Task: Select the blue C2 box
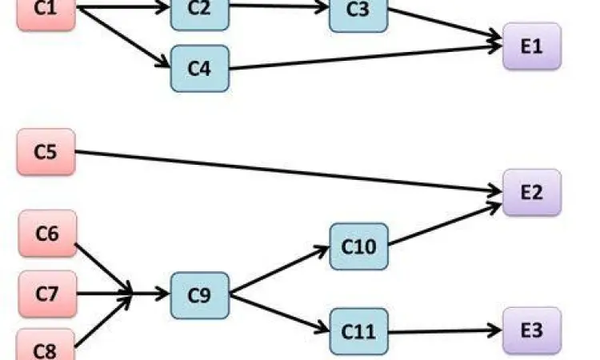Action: (x=199, y=10)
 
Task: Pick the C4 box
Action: (x=199, y=68)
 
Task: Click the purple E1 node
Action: (x=532, y=46)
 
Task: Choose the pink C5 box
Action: (x=46, y=151)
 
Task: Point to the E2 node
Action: (x=532, y=193)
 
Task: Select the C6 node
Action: (x=47, y=234)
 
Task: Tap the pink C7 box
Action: (x=46, y=293)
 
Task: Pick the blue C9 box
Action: (x=199, y=294)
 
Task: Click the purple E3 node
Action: (x=532, y=330)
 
